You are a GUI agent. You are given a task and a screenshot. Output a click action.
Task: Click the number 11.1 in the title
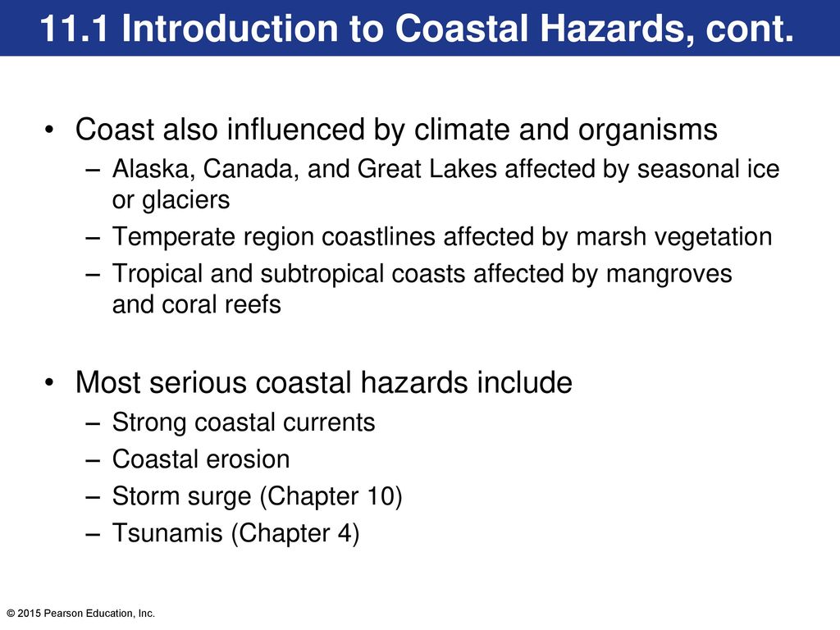(x=75, y=28)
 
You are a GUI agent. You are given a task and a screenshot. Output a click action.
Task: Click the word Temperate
(x=174, y=238)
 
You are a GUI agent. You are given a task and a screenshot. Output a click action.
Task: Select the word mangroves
(x=669, y=275)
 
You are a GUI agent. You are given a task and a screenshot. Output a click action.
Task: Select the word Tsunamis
(x=167, y=533)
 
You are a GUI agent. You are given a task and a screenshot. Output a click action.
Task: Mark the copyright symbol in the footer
(x=11, y=614)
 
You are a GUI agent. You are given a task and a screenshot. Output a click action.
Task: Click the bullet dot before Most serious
(x=50, y=382)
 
